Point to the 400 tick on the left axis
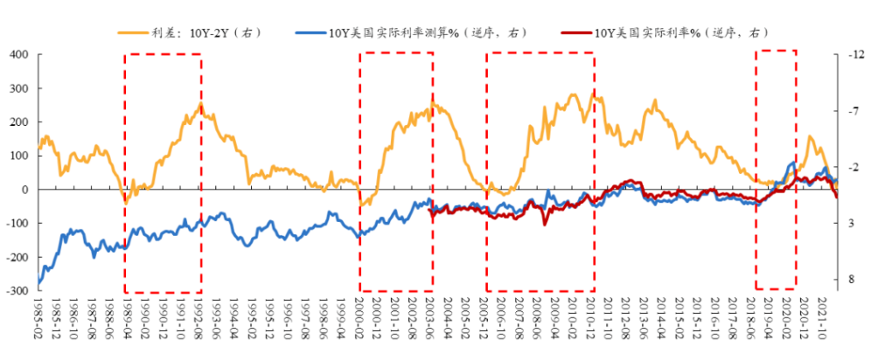(20, 55)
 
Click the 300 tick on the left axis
(20, 88)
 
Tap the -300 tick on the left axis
(18, 291)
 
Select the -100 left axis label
(18, 224)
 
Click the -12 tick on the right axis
(854, 55)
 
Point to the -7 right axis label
(851, 111)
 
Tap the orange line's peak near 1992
(201, 105)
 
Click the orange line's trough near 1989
(125, 203)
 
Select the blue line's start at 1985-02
(39, 285)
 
